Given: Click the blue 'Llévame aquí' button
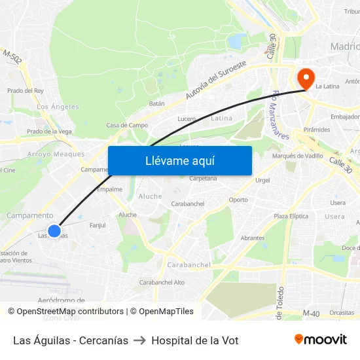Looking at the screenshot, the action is [x=179, y=160].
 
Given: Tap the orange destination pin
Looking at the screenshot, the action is [x=305, y=79].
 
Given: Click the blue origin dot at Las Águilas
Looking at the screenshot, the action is [x=54, y=231].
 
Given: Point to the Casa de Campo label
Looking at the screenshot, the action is [x=127, y=125].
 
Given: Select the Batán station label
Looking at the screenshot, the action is [x=156, y=103].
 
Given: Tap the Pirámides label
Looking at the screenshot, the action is [x=317, y=130].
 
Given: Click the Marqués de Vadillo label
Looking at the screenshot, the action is [x=297, y=156].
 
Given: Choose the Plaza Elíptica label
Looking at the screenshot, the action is [x=291, y=216].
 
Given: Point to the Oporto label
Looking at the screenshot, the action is [x=238, y=200].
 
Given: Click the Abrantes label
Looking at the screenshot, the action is [x=252, y=238].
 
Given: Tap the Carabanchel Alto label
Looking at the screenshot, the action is [x=162, y=283].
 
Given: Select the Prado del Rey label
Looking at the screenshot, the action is [x=26, y=91].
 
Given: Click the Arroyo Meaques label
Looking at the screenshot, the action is [x=56, y=154].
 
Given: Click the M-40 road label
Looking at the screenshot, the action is [x=311, y=314].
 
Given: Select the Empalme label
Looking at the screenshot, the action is [x=109, y=189].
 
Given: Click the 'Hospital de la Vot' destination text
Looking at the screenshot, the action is [x=194, y=340].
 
